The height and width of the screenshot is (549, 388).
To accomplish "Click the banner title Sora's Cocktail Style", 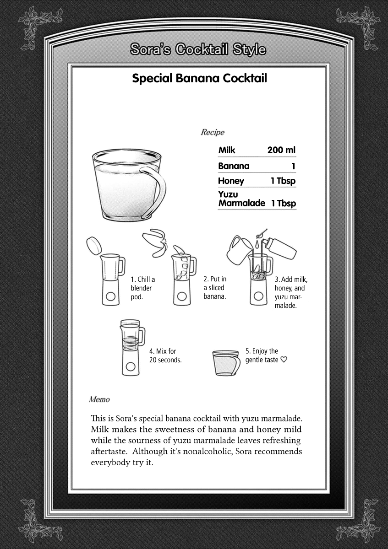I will [x=197, y=49].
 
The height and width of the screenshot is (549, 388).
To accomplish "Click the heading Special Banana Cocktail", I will [x=199, y=78].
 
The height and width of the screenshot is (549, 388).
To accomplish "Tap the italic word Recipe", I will [x=213, y=133].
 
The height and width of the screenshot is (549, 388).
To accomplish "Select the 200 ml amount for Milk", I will [x=281, y=150].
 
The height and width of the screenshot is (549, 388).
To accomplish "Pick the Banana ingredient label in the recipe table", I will [x=234, y=166].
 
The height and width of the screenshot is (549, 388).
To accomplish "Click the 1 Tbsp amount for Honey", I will [x=283, y=181].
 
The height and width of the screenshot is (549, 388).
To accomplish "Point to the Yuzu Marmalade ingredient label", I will [x=241, y=199].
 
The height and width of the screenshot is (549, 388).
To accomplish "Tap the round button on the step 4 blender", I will [x=131, y=366].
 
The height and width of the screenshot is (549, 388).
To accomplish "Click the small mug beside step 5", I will [x=226, y=363].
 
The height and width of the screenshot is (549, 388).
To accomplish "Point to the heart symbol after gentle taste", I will [x=284, y=360].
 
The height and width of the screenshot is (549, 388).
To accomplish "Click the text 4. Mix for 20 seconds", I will [x=165, y=355].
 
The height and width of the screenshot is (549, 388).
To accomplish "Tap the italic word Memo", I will [x=99, y=399].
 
